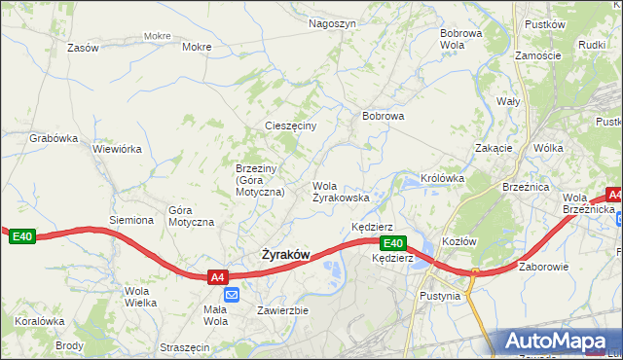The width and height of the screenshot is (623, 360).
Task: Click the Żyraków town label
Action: [285, 255]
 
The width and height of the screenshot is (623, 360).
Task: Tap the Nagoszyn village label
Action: [332, 23]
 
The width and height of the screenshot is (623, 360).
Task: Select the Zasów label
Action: [84, 48]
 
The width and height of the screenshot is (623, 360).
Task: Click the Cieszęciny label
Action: [291, 126]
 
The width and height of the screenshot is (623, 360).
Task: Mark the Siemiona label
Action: [131, 220]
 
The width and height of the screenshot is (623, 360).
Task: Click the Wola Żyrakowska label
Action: [340, 191]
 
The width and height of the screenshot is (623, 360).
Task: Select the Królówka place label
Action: [442, 179]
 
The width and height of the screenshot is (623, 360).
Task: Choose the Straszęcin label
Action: [184, 346]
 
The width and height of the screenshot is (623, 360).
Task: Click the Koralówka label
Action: [39, 320]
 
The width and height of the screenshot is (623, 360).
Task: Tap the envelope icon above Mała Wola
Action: [232, 295]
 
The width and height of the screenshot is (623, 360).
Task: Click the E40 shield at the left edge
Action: [21, 235]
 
